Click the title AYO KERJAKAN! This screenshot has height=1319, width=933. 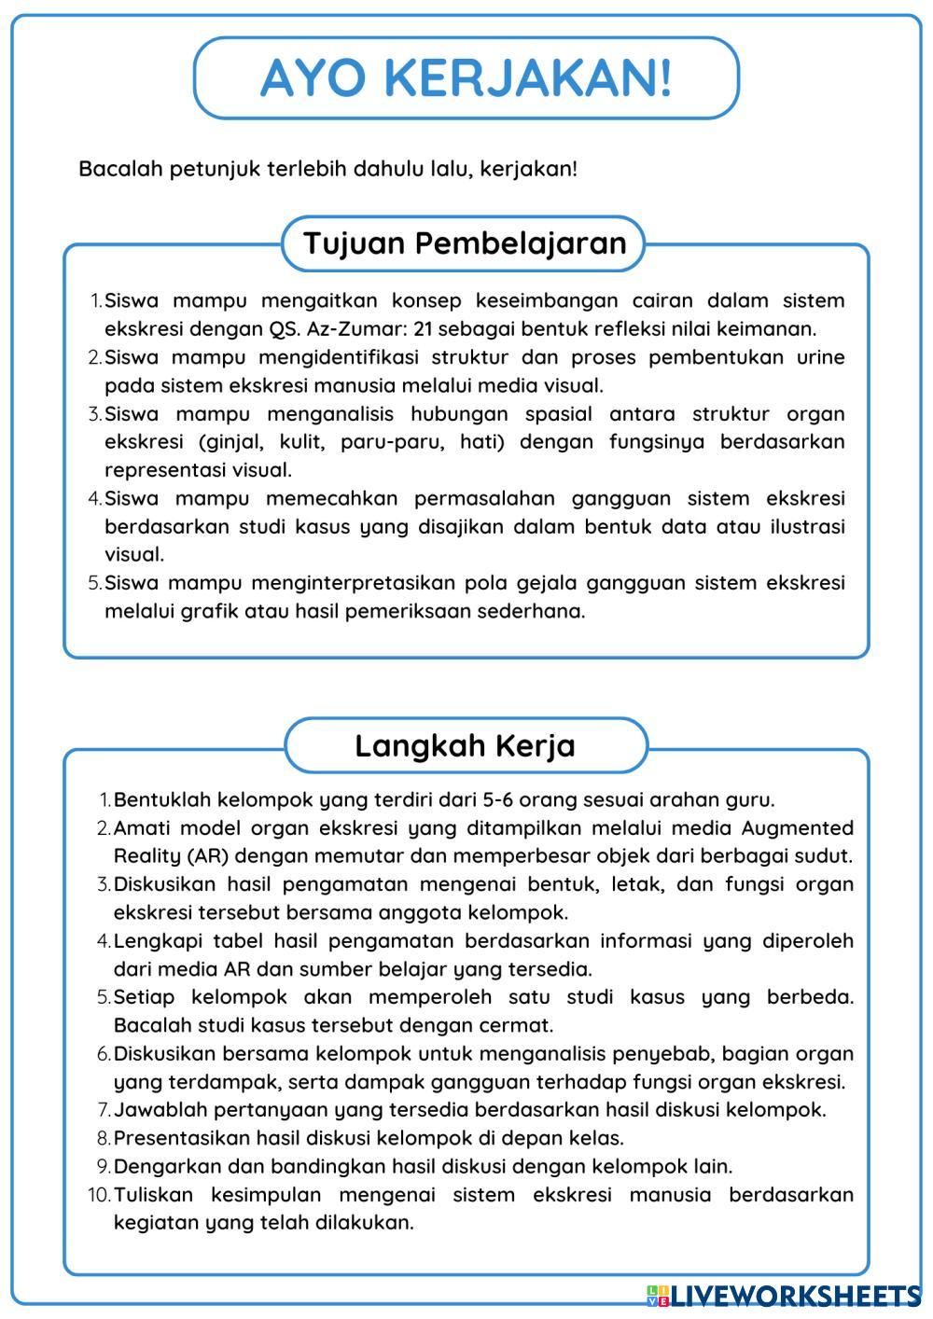[466, 77]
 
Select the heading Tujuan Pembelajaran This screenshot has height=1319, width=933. [464, 243]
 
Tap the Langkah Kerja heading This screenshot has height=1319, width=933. [465, 745]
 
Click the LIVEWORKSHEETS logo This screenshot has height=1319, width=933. [784, 1296]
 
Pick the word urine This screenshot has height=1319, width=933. [820, 357]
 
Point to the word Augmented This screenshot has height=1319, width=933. [797, 827]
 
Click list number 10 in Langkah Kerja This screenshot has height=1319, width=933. [99, 1194]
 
